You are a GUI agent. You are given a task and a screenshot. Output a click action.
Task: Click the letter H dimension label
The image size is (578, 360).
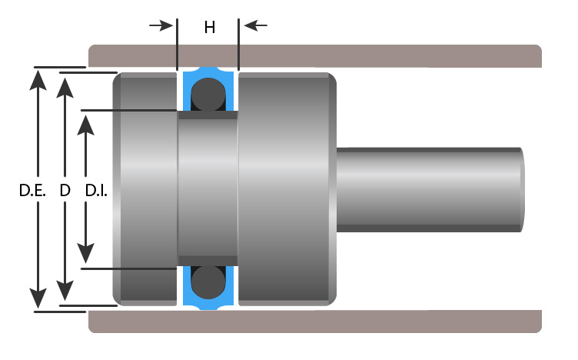[210, 27]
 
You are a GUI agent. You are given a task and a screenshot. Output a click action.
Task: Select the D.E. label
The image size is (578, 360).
[32, 191]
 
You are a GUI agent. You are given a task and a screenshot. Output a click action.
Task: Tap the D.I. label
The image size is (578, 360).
[96, 191]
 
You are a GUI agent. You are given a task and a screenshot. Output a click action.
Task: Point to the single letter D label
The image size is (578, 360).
[65, 191]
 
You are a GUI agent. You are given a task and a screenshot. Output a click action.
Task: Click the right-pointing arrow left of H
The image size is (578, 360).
[161, 25]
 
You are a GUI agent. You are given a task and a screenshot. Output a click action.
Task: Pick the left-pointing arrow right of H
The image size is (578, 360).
[255, 25]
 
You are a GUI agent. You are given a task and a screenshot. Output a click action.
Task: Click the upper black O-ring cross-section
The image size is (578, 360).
[208, 95]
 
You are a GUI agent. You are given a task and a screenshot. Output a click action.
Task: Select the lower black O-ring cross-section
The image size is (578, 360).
[208, 282]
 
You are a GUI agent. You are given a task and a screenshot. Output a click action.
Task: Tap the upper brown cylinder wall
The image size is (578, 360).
[315, 56]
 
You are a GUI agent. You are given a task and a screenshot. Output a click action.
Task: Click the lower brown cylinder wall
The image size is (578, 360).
[315, 322]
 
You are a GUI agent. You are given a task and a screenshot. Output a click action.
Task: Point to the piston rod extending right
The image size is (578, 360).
[430, 189]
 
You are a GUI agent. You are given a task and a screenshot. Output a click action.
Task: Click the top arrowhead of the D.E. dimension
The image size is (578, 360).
[38, 80]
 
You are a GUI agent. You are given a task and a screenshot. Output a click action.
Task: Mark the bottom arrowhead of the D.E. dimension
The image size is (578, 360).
[38, 298]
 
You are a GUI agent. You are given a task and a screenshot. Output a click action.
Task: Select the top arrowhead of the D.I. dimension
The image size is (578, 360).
[85, 125]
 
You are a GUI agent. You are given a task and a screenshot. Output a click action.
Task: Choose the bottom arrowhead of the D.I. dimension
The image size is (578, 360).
[85, 253]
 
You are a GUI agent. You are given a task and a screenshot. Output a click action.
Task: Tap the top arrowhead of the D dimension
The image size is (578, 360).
[65, 88]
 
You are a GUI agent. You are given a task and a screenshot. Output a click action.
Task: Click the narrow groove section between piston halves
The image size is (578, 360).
[208, 188]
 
